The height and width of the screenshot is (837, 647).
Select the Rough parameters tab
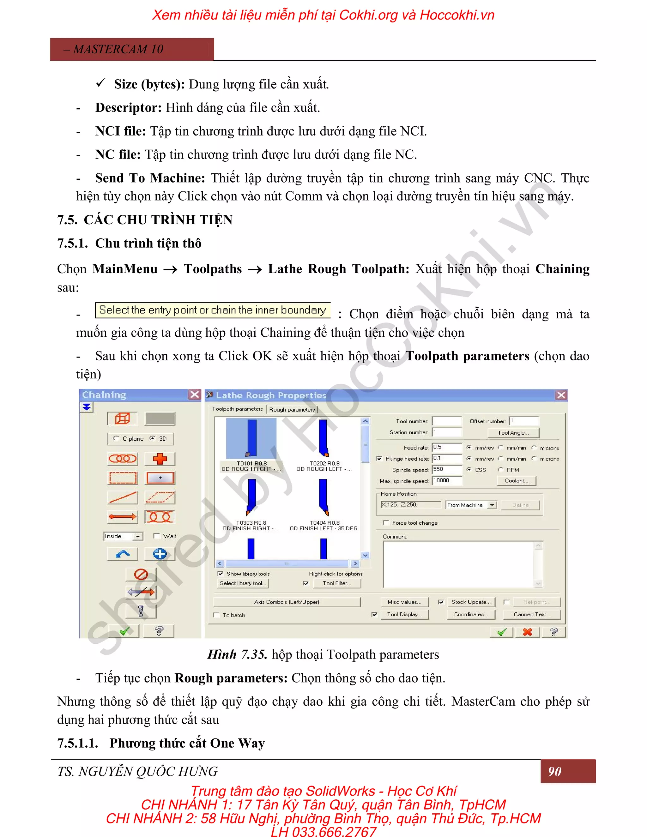pos(292,410)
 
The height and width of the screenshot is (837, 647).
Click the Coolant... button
pos(516,481)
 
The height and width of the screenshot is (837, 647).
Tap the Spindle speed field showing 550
pos(446,469)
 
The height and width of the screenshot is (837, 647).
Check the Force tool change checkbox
pos(386,523)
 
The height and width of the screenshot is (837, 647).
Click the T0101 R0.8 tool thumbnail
pos(251,438)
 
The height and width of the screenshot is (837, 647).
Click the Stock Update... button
pos(471,602)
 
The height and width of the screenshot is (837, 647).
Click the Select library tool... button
pos(243,583)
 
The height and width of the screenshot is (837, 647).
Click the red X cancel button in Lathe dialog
pos(527,632)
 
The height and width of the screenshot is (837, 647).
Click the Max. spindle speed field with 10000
pos(446,481)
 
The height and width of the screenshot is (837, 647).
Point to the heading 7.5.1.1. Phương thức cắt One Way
pos(161,743)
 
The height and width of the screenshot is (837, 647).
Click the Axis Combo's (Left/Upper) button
pos(286,602)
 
